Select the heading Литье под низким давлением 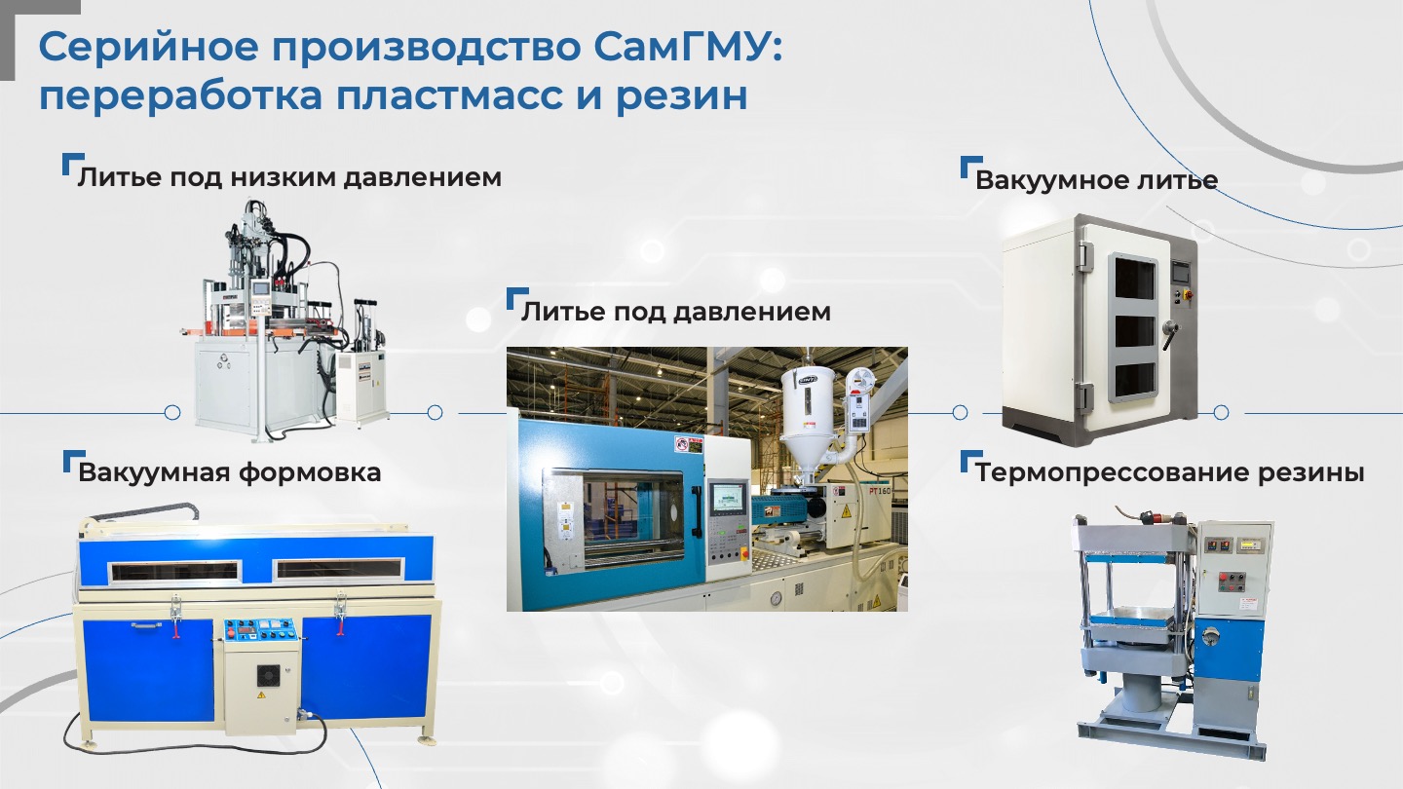coord(289,177)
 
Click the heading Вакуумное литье coord(1097,180)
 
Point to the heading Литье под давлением coord(676,312)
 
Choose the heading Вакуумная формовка coord(230,472)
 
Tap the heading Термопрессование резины coord(1170,472)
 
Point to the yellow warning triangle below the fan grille coord(261,695)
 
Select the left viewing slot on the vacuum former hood coord(174,571)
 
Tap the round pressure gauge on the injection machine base coord(777,598)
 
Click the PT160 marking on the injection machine coord(879,491)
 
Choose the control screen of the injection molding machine coord(728,497)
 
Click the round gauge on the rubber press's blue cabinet coord(1210,636)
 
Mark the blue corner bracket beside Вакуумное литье coord(968,165)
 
